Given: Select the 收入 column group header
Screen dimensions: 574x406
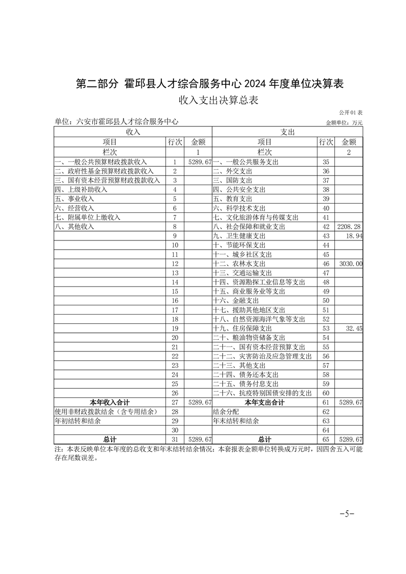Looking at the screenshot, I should pos(133,132).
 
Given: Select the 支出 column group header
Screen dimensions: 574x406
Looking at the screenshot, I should pos(287,132).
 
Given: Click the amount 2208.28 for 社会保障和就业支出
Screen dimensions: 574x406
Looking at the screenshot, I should pos(350,226).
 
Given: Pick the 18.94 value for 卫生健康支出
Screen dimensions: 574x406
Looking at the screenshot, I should pos(354,235).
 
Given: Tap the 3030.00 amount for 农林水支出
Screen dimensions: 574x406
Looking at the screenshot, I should pos(351,263).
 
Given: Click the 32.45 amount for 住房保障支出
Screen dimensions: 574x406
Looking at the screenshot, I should pos(354,328).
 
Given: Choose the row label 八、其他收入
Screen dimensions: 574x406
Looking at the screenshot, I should pos(74,226).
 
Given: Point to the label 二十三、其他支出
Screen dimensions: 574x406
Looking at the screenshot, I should pos(239,366).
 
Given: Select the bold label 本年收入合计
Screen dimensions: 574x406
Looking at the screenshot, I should pos(110,403).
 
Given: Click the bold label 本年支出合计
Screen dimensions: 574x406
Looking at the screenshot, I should pos(264,403).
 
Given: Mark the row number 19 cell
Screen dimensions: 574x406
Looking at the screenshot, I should pos(175,328).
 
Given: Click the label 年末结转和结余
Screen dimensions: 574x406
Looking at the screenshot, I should pos(236,421).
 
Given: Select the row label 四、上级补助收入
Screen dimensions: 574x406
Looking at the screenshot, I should pos(81,189).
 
